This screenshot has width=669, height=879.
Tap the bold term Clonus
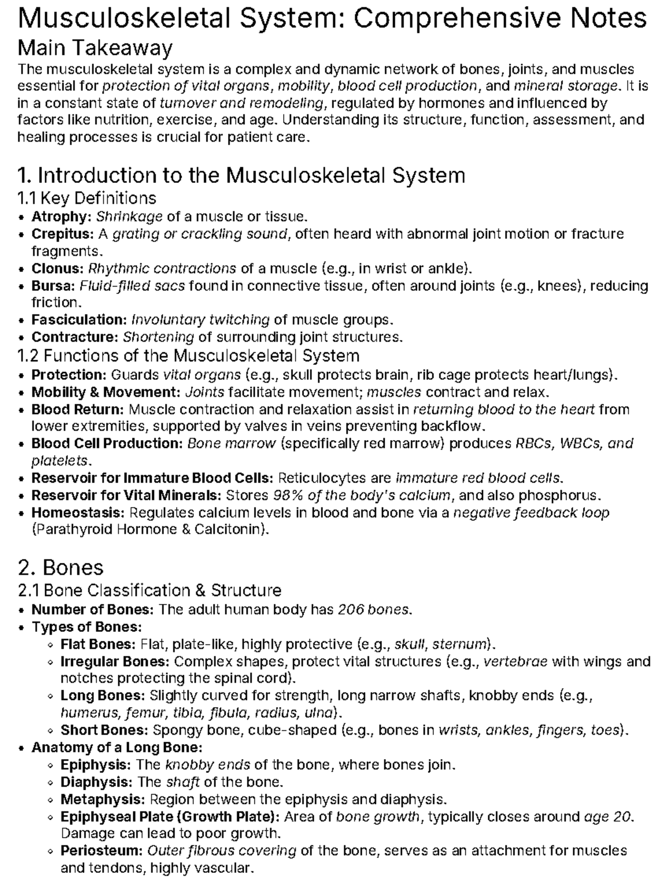coord(57,268)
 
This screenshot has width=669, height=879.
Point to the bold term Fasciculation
coord(79,320)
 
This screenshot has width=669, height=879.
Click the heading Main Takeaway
coord(95,48)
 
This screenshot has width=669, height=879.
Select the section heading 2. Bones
coord(61,567)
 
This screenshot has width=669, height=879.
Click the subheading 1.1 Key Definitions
coord(87,198)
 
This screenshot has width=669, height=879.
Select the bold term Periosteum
coord(102,851)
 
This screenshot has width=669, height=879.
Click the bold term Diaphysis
coord(97,782)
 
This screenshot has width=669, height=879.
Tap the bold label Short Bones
coord(104,730)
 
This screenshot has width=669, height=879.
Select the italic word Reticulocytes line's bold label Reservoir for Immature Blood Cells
coord(152,478)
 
